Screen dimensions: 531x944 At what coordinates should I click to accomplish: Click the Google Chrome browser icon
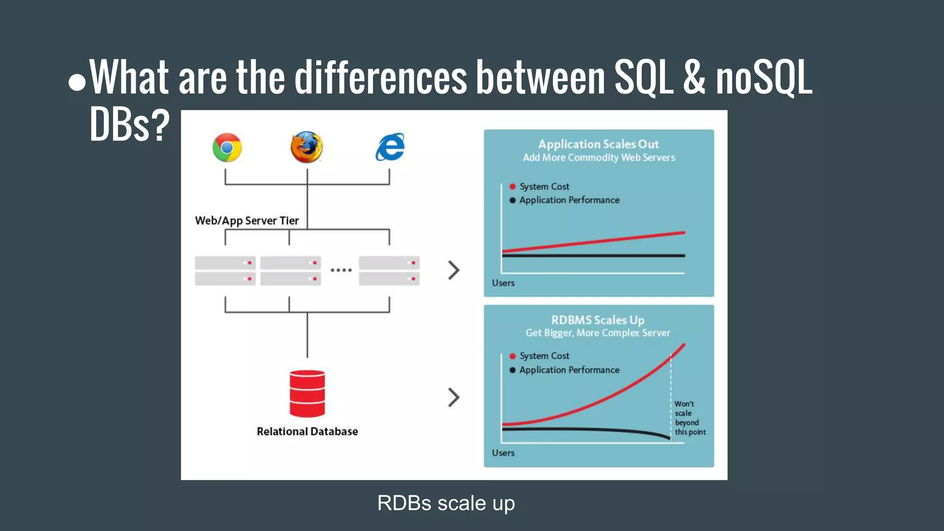point(227,147)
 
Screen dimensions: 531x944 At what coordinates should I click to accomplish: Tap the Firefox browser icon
point(307,147)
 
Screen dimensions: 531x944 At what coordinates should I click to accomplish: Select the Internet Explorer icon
point(390,147)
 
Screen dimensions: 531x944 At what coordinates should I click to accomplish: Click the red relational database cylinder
point(307,393)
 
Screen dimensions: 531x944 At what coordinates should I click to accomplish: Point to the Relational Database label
point(307,431)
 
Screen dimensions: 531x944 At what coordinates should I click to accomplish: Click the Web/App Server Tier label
point(247,221)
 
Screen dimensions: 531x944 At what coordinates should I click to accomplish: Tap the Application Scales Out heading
point(598,144)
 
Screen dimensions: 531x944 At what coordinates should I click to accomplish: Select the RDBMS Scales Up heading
point(598,320)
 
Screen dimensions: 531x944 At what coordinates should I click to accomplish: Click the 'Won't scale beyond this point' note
point(690,418)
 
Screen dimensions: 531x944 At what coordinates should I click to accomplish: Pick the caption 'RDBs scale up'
point(446,503)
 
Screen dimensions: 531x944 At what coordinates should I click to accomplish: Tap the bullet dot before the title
point(77,83)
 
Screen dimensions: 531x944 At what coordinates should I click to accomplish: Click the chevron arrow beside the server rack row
point(454,270)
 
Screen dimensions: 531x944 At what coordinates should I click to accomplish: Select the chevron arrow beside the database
point(454,397)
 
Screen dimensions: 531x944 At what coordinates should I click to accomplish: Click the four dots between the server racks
point(341,270)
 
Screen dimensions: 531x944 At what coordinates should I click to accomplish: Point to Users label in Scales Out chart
point(503,283)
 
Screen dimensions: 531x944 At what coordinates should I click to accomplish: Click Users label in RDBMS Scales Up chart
point(503,453)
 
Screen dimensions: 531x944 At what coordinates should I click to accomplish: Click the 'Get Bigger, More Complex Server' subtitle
point(598,333)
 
